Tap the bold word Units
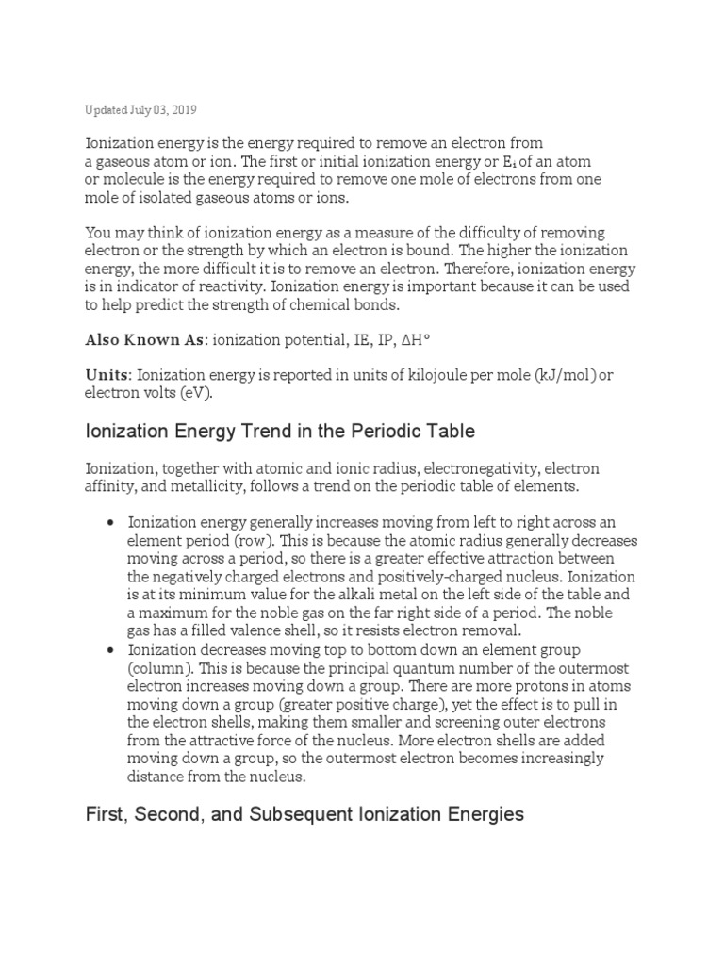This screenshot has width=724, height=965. [x=107, y=375]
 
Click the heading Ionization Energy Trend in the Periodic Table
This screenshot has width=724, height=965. [x=280, y=432]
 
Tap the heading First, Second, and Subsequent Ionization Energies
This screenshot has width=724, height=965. [x=304, y=814]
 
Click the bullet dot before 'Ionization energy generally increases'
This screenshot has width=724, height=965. [x=112, y=522]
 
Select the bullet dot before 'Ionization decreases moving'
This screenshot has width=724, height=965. [x=112, y=651]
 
